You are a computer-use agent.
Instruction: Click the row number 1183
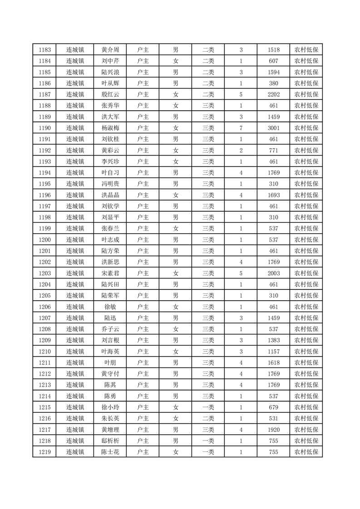44,50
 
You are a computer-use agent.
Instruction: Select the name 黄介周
110,50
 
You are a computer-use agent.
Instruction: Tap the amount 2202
274,94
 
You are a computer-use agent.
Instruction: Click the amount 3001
274,128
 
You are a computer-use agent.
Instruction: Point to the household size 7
241,128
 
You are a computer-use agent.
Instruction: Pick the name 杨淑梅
110,128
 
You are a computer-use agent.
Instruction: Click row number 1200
44,240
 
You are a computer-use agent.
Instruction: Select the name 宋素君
110,273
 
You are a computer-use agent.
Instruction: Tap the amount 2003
274,273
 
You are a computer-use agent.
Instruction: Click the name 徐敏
110,307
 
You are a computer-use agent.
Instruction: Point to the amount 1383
274,340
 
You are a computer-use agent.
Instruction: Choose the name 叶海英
110,351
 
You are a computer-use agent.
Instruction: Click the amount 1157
274,351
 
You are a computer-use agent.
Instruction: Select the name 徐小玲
110,407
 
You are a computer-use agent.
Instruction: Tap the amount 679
274,407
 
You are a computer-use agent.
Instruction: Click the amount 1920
274,430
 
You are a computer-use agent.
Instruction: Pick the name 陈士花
110,452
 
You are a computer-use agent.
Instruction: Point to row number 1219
44,452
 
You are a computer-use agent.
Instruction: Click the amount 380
274,83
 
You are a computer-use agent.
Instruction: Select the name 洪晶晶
110,195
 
